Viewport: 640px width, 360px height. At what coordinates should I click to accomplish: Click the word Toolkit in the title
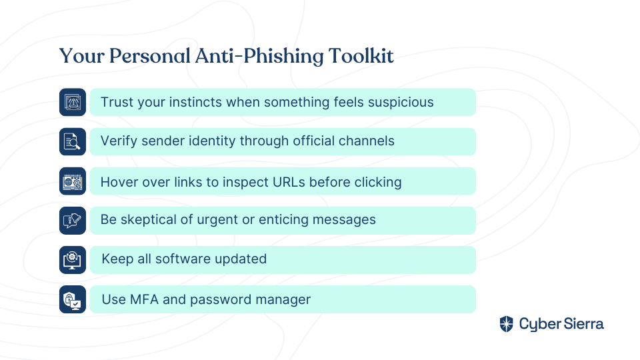click(x=361, y=56)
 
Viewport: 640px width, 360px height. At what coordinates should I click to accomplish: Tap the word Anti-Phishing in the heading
click(x=259, y=57)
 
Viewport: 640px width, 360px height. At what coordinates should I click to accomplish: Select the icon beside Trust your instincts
click(x=73, y=102)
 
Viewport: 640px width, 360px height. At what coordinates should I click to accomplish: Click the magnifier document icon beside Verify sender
click(x=73, y=141)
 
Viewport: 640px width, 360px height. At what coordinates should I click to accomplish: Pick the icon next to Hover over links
click(x=73, y=181)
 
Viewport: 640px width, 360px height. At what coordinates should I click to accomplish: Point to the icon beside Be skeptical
click(x=73, y=221)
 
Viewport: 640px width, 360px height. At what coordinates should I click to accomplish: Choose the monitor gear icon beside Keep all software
click(x=73, y=259)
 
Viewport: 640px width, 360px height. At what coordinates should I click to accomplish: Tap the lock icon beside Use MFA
click(x=73, y=299)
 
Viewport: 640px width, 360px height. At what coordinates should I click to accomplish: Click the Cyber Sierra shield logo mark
click(x=507, y=324)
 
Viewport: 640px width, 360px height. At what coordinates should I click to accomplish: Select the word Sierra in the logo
click(x=584, y=324)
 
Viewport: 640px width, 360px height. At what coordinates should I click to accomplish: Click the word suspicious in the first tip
click(x=401, y=102)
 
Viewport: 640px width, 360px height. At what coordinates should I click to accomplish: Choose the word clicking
click(x=378, y=183)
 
